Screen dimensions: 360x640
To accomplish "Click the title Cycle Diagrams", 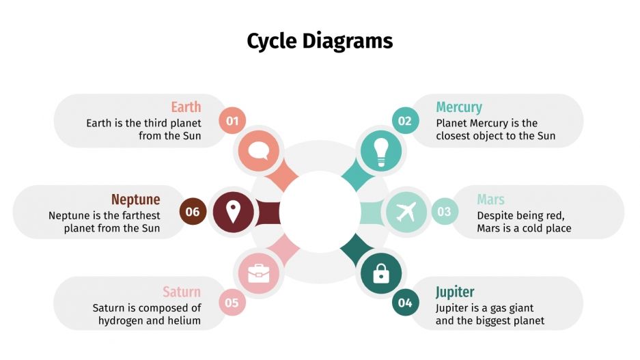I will tap(320, 41).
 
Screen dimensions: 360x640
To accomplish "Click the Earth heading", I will tap(186, 107).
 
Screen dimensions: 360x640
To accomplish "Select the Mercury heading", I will tap(459, 107).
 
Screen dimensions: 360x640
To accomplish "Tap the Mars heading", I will tap(490, 199).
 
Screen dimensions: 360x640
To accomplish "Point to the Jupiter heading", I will tap(455, 292).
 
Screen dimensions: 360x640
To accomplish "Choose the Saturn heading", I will tap(182, 292).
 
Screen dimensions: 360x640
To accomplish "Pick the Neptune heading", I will tap(135, 199).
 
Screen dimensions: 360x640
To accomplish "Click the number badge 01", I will tap(232, 121).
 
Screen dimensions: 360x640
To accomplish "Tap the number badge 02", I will tap(405, 121).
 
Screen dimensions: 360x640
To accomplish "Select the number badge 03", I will tap(444, 212).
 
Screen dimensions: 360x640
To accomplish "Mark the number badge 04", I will tap(405, 303).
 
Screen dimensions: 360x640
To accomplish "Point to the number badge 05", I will tap(232, 303).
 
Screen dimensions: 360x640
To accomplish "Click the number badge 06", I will tap(193, 212).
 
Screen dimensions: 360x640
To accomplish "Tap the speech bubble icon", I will tap(258, 150).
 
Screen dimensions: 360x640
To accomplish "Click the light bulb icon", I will tap(381, 150).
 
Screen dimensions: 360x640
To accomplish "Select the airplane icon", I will tap(406, 212).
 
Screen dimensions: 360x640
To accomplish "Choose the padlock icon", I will tap(381, 274).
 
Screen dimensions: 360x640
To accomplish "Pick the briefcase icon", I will tap(258, 274).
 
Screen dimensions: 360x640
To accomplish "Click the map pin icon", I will tap(233, 212).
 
